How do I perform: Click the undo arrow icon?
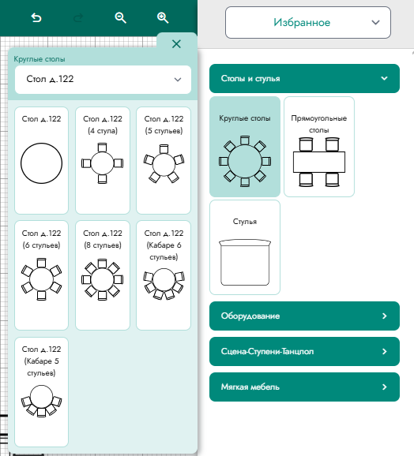(x=36, y=18)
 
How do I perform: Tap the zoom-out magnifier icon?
(x=120, y=18)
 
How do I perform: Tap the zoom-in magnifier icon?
(x=163, y=18)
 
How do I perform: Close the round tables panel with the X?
(x=176, y=44)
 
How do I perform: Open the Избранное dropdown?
(x=307, y=22)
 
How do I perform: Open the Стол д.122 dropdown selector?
(x=103, y=80)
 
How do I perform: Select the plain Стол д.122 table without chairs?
(x=41, y=160)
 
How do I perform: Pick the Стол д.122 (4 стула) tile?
(x=103, y=160)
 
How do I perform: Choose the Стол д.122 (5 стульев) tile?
(x=164, y=160)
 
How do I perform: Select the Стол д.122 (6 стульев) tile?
(x=41, y=275)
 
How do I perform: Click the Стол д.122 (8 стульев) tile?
(x=103, y=275)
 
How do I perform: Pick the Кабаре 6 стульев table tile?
(x=164, y=275)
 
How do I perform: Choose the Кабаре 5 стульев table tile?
(x=41, y=392)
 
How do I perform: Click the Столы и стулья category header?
(x=304, y=79)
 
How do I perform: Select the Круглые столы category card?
(x=245, y=147)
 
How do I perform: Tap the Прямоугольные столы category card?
(x=319, y=147)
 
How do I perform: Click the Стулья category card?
(x=245, y=247)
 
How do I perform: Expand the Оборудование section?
(x=304, y=316)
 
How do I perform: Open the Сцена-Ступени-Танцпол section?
(x=304, y=351)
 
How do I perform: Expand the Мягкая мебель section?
(x=304, y=387)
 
